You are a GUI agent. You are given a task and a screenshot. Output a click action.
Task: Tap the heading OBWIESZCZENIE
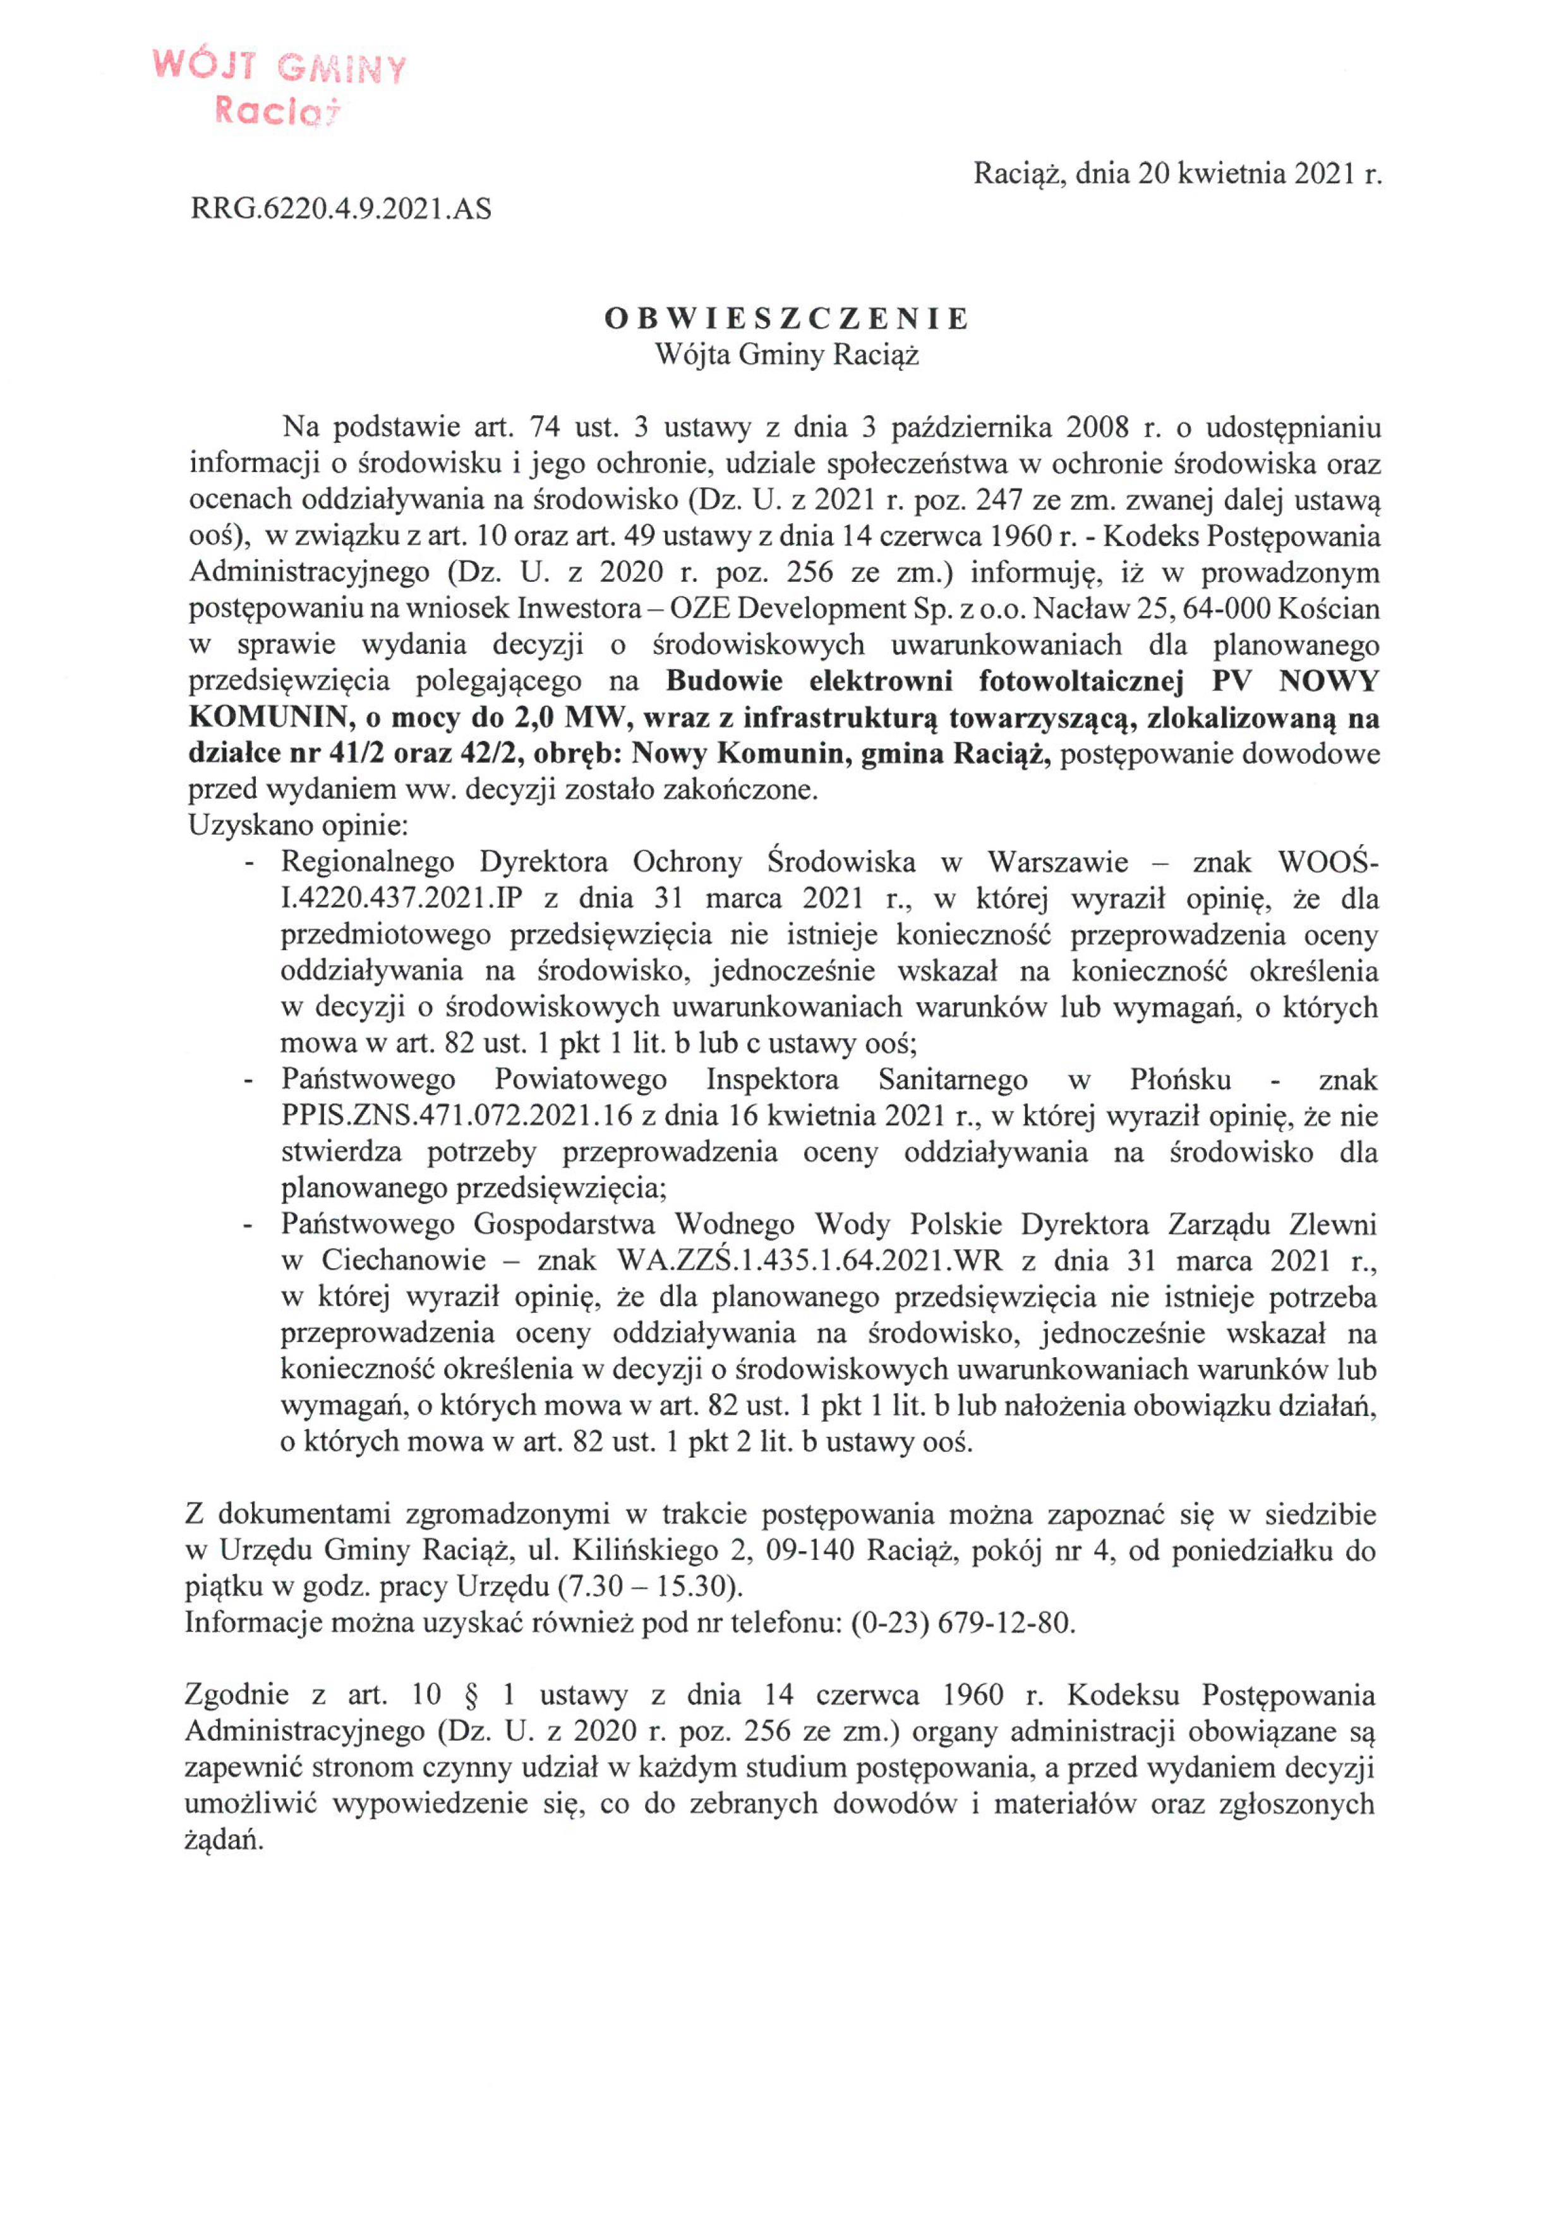coord(786,319)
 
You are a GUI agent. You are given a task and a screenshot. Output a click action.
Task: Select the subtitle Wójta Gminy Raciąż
coord(786,356)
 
